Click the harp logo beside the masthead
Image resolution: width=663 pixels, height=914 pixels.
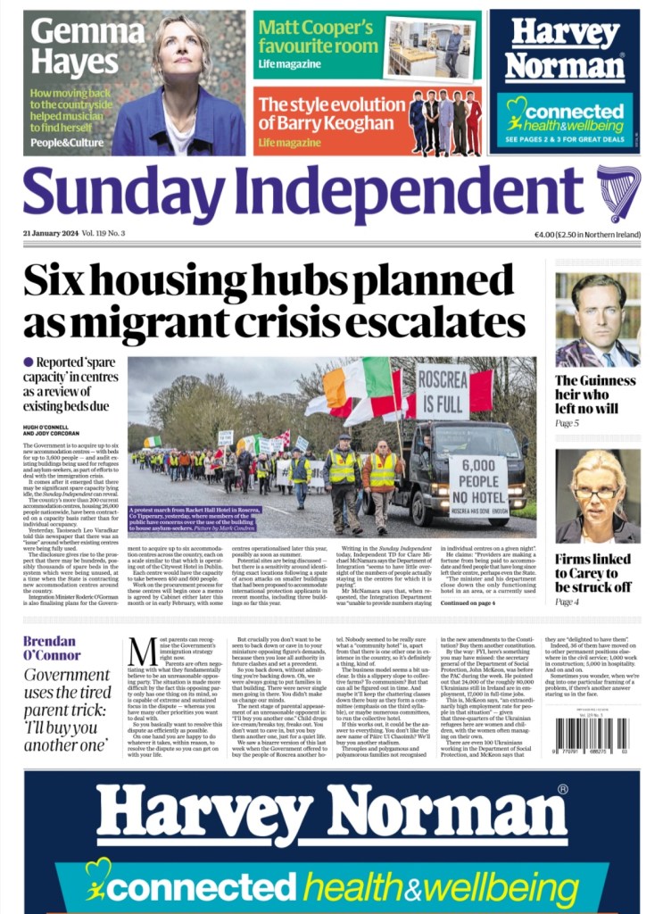pos(618,194)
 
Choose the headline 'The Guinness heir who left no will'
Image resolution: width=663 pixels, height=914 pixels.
pos(595,394)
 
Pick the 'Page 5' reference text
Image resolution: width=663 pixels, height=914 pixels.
pos(568,423)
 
